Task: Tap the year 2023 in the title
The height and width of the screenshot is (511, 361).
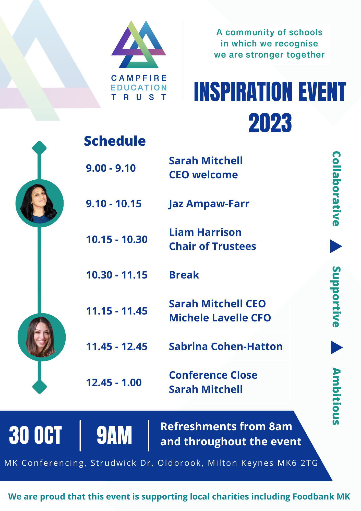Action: pos(270,123)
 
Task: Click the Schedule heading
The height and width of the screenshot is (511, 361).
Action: pos(115,141)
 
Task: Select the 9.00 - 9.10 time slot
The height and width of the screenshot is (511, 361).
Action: pos(111,168)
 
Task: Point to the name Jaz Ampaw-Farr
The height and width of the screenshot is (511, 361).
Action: pos(209,204)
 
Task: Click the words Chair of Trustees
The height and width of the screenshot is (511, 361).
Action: pos(212,247)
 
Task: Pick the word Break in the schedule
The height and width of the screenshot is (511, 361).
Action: pos(184,275)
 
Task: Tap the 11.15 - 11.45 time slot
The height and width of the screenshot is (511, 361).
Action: pos(117,311)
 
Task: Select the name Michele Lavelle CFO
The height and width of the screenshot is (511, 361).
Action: pos(220,318)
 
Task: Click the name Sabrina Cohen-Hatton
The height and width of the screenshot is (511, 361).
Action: pos(226,347)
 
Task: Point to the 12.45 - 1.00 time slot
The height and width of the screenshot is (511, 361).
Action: pos(114,383)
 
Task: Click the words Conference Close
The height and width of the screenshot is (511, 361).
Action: pos(213,375)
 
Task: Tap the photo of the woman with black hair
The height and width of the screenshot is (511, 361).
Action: pos(39,203)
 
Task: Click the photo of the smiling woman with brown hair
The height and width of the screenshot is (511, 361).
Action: pos(41,337)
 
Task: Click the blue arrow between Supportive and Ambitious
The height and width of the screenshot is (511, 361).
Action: pos(336,347)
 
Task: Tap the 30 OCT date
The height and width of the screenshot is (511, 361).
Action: pos(35,435)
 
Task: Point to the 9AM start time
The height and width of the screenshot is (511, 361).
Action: pos(114,435)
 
